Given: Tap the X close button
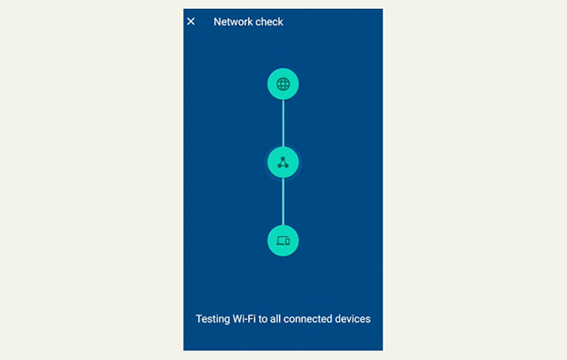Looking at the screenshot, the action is (191, 21).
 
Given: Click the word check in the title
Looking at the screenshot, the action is (269, 22).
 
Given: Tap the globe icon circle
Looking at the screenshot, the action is (283, 84).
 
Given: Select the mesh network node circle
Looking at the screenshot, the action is (283, 162).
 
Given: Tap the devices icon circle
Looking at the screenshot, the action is (283, 240).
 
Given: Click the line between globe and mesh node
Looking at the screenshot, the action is (283, 123).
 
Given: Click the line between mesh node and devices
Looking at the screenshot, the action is (283, 201).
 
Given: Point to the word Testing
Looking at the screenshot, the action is (213, 319).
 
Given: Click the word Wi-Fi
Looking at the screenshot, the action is (245, 318).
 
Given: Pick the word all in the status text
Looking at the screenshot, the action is (276, 318).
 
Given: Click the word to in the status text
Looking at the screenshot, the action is (263, 319).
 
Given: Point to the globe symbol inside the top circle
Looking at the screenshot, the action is (283, 84).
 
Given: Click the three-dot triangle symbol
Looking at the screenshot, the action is (283, 162).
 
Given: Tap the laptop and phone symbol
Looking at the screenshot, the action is (283, 240).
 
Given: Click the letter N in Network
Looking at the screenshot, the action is (217, 22).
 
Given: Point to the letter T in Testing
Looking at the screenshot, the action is (199, 318).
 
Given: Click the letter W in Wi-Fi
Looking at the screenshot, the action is (238, 318).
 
